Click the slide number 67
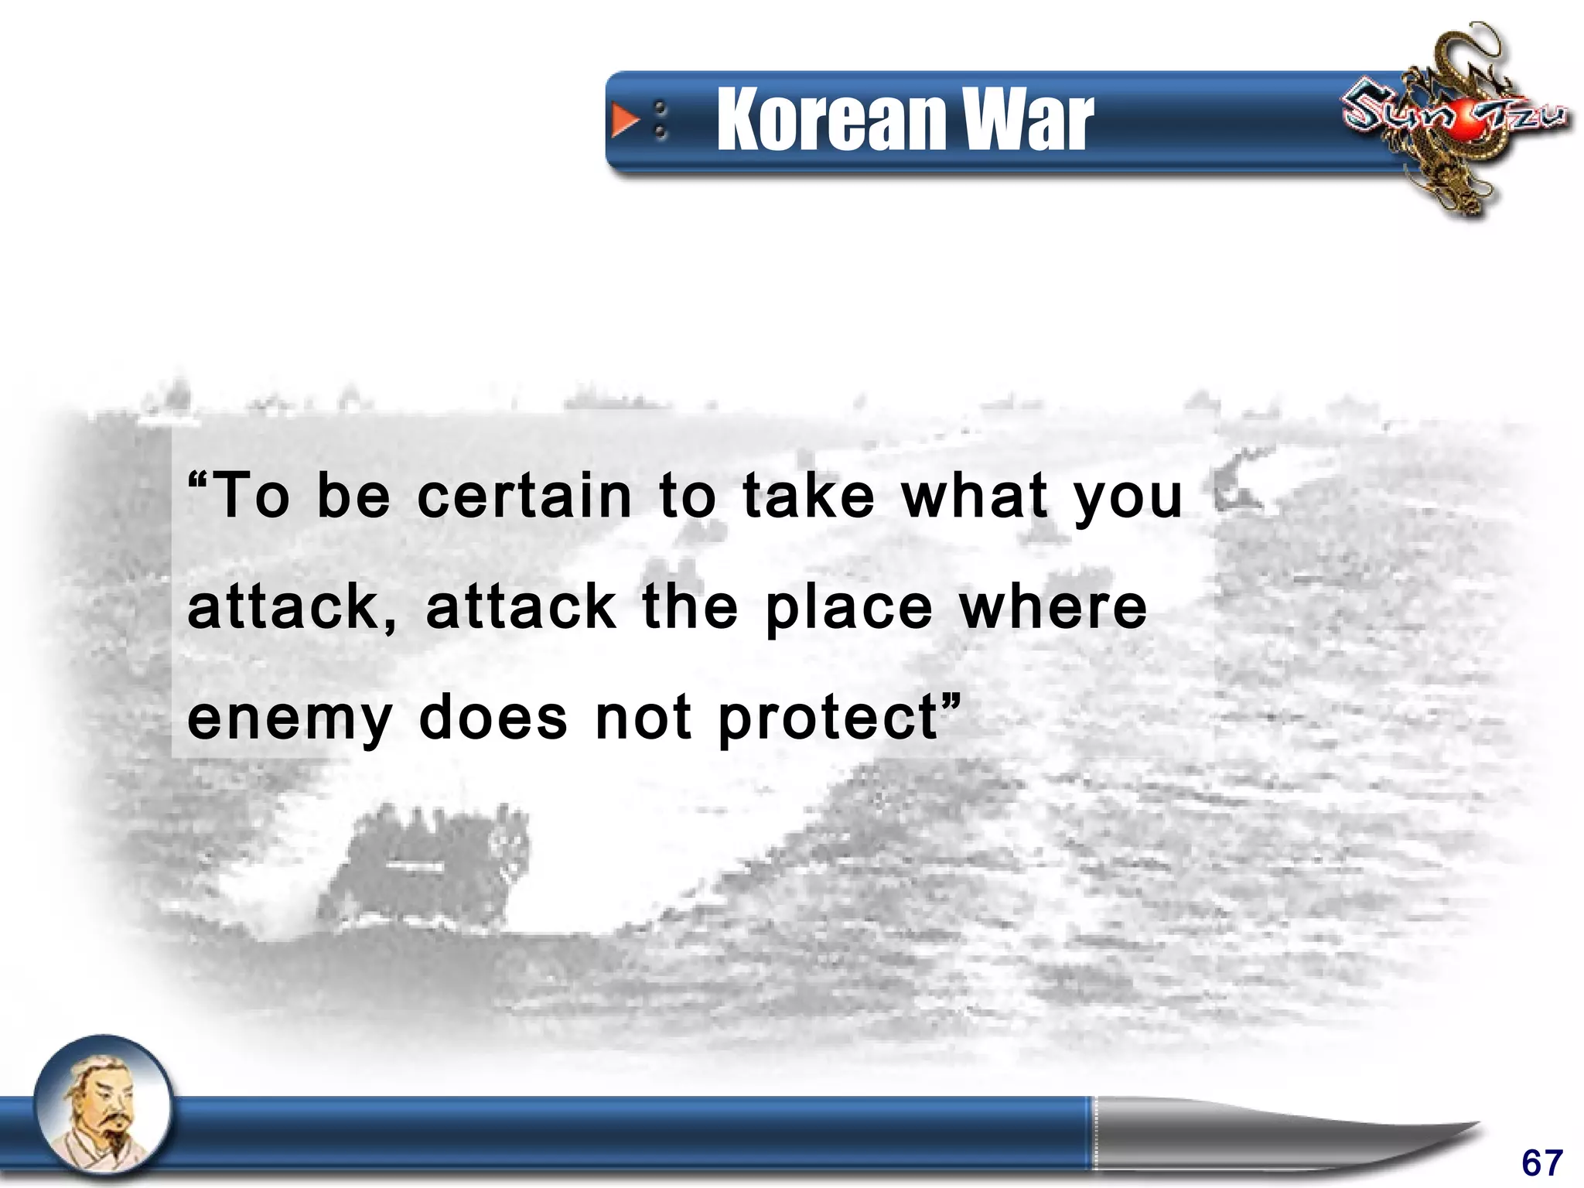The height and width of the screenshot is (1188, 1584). coord(1542,1162)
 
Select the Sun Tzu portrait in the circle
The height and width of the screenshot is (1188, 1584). coord(104,1111)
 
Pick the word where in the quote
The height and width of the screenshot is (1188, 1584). coord(1053,606)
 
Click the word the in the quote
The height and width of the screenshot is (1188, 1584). coord(690,606)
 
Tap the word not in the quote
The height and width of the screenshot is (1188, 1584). coord(643,718)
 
